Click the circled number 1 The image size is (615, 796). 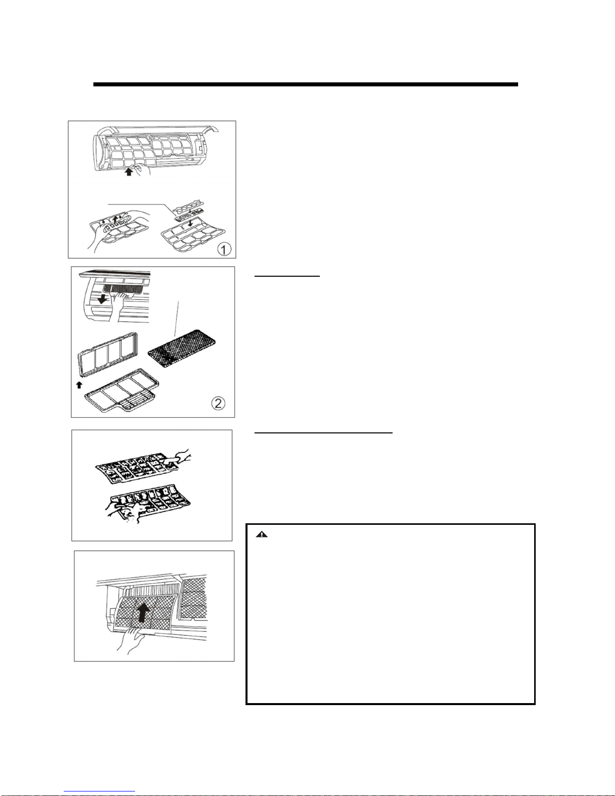point(224,249)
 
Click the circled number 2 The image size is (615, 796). point(218,403)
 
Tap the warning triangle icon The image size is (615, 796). point(262,534)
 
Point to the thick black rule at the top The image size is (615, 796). point(306,84)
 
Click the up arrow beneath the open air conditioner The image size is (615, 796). point(129,171)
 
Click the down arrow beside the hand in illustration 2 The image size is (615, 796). point(102,299)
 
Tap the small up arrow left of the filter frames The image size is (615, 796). point(79,385)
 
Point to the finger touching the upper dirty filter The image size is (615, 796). point(178,458)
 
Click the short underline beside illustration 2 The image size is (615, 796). point(287,277)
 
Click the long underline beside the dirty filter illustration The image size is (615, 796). point(323,432)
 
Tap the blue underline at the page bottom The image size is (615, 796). point(99,791)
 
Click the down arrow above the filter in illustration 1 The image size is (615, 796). point(190,222)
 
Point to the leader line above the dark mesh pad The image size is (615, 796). point(176,318)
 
